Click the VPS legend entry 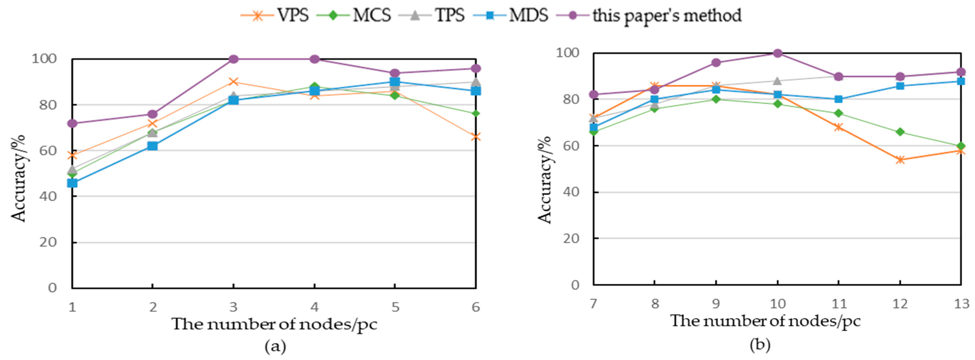click(275, 15)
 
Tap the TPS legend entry click(432, 15)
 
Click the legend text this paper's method click(666, 15)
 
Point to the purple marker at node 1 click(72, 123)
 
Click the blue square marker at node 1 click(72, 183)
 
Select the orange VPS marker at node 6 click(476, 137)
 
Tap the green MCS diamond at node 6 click(476, 114)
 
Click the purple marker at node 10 click(777, 53)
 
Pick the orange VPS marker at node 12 click(900, 160)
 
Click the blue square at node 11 click(838, 99)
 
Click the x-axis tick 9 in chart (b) click(716, 303)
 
